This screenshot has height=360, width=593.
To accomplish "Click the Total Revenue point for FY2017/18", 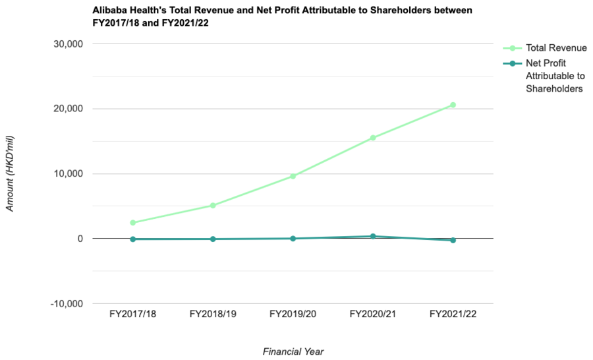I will (132, 223).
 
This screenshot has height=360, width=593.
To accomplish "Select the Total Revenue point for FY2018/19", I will (213, 206).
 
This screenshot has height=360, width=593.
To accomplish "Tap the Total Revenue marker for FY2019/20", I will (293, 176).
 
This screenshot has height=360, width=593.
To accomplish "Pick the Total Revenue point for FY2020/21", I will (373, 138).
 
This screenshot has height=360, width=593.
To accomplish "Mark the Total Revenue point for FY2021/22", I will (453, 105).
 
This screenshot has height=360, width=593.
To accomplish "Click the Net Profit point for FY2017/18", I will (132, 239).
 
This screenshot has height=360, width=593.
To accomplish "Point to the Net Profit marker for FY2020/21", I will (373, 236).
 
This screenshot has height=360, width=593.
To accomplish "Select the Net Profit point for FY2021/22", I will (453, 240).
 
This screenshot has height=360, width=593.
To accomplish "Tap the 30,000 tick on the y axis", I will (68, 44).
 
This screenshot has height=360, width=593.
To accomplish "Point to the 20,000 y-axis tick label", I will (68, 109).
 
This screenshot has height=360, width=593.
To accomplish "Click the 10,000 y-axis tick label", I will (68, 174).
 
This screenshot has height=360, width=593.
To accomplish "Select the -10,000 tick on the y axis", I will (67, 304).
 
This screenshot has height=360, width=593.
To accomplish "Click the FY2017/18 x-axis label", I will (132, 315).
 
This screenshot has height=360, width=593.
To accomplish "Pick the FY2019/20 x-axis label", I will (293, 315).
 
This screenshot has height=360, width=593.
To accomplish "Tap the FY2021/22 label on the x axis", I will (453, 315).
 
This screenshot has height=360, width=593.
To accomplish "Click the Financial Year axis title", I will (293, 351).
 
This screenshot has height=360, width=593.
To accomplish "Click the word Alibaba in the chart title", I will (110, 11).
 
